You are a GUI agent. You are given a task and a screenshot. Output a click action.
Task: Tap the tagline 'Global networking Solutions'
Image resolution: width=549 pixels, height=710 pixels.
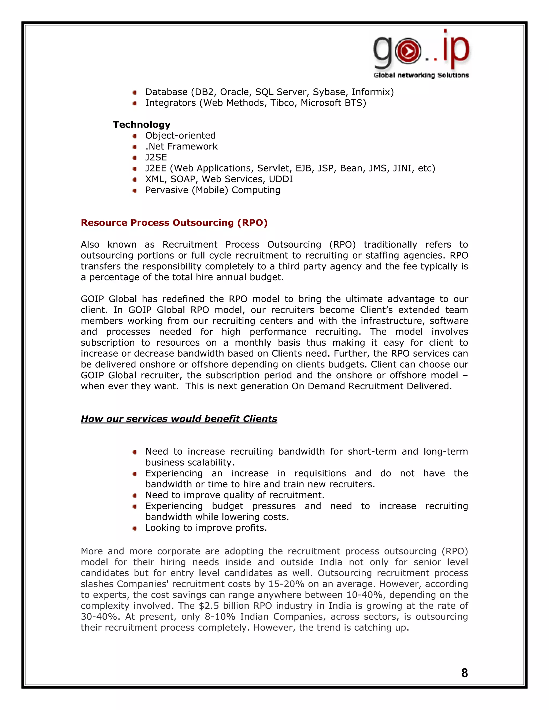click(x=421, y=75)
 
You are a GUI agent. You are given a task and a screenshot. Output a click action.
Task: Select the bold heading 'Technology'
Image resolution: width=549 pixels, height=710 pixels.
click(x=142, y=125)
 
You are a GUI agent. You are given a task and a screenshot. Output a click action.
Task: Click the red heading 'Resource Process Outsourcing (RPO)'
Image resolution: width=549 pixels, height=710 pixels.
click(x=174, y=223)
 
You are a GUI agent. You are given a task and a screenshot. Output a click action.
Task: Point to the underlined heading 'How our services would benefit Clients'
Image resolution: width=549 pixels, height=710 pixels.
click(x=179, y=419)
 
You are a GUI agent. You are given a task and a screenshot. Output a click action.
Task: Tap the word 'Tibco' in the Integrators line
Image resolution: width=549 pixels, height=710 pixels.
click(x=283, y=103)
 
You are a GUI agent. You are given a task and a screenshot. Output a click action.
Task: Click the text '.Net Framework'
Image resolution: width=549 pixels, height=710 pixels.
click(x=181, y=147)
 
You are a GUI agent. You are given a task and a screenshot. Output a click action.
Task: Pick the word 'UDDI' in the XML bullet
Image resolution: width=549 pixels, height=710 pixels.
click(x=281, y=179)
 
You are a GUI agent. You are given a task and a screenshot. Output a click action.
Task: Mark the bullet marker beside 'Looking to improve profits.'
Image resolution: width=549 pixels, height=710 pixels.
click(x=135, y=528)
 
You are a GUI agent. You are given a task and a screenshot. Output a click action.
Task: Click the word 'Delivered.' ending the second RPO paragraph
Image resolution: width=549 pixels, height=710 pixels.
click(x=434, y=386)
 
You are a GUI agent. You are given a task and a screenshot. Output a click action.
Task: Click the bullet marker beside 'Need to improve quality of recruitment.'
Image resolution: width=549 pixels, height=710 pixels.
click(x=135, y=495)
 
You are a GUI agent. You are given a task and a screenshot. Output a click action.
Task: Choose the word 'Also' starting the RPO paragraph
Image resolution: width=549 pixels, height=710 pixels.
click(x=90, y=244)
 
